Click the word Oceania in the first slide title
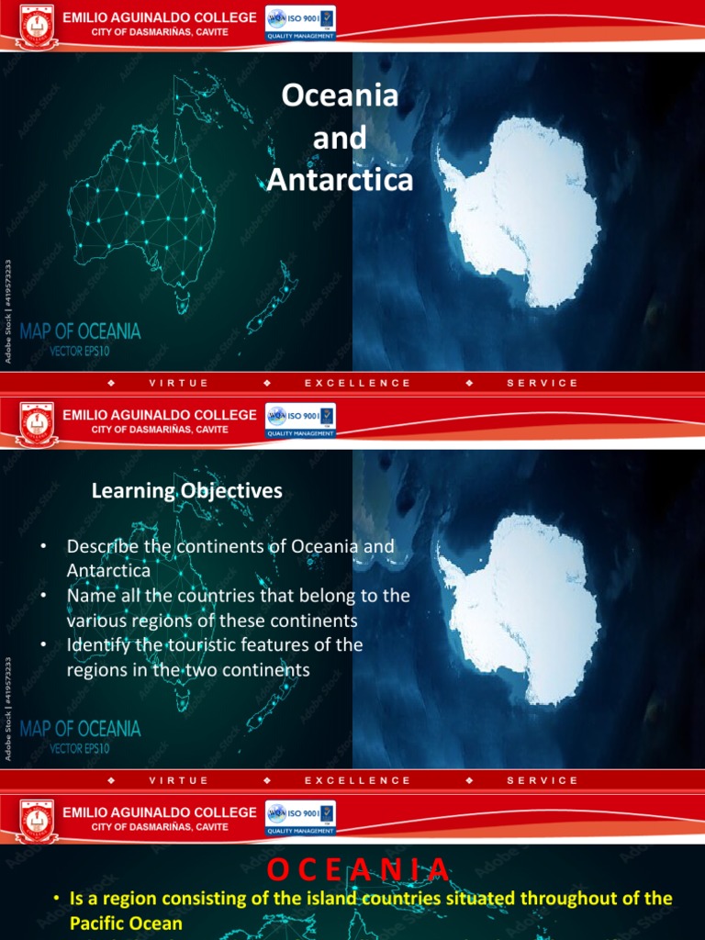pos(340,95)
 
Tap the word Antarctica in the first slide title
pos(340,181)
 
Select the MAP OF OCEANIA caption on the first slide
pos(81,330)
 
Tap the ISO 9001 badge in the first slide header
pos(300,23)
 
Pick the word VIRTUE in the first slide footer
pos(178,383)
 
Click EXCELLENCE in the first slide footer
pos(357,383)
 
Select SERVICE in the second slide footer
pos(543,780)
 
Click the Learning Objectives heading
pos(187,491)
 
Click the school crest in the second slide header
pos(38,423)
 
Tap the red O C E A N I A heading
pos(360,869)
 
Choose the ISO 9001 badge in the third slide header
pos(300,818)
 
